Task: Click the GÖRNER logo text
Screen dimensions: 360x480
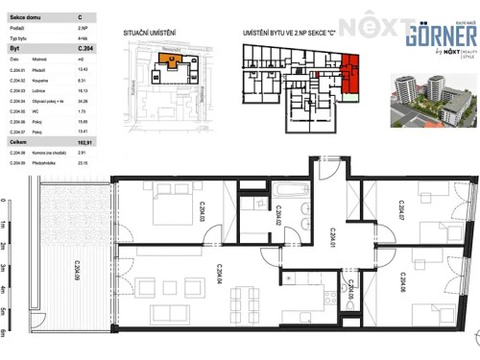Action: pos(436,36)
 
